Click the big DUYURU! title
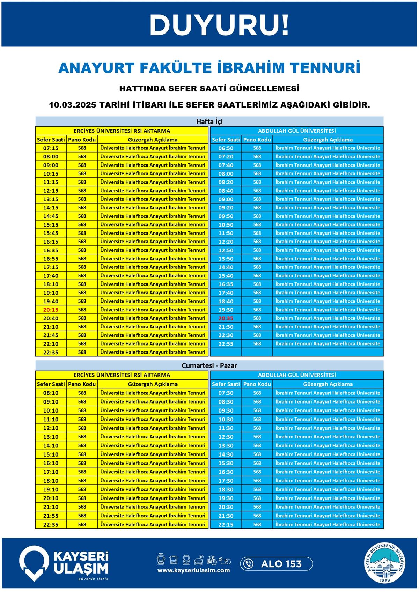click(x=219, y=25)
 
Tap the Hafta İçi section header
click(x=209, y=121)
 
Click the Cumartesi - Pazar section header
click(x=209, y=366)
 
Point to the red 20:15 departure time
click(x=51, y=310)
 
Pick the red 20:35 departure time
click(x=226, y=318)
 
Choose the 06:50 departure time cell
click(x=226, y=148)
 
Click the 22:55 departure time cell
click(x=226, y=344)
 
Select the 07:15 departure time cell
click(x=51, y=148)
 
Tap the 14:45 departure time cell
click(x=51, y=216)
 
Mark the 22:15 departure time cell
click(x=226, y=525)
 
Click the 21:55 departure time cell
click(x=51, y=516)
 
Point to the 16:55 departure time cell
click(x=51, y=259)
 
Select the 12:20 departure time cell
click(x=226, y=242)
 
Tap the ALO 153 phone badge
click(x=276, y=564)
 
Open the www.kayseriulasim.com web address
click(x=193, y=570)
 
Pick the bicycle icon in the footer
click(x=212, y=560)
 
